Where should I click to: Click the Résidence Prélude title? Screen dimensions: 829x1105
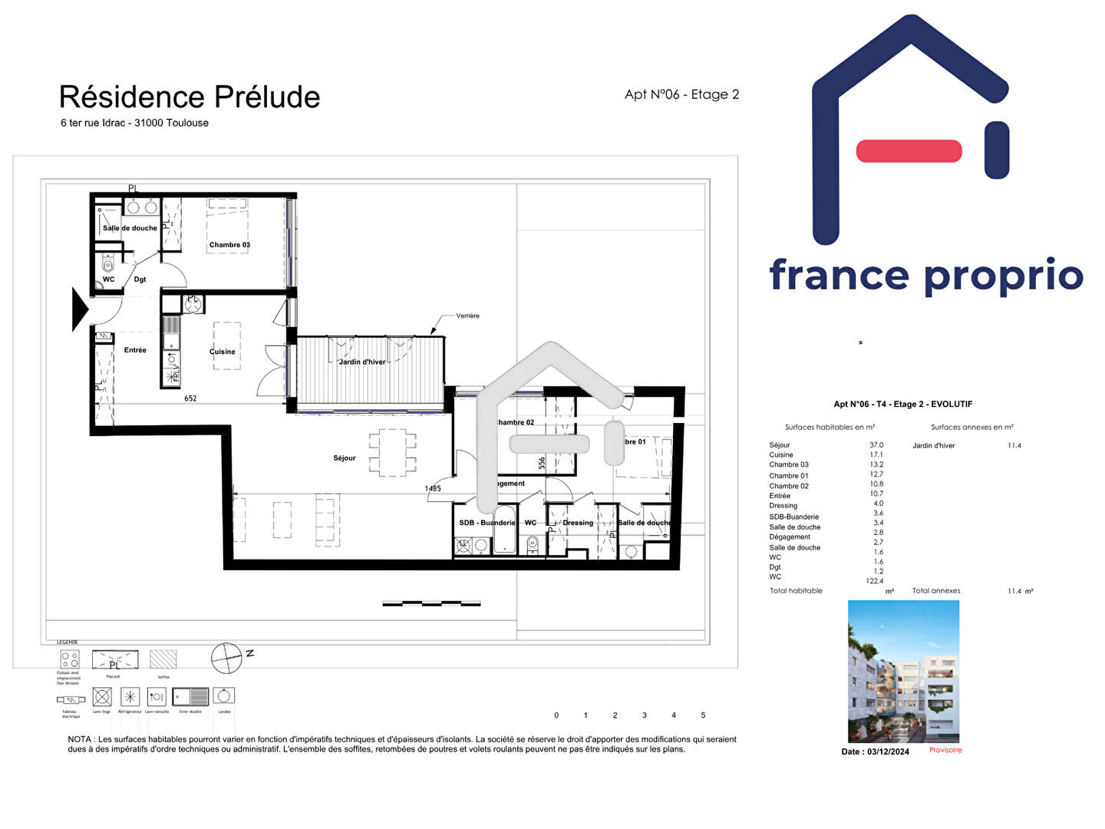(190, 97)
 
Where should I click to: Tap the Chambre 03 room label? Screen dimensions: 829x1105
(229, 245)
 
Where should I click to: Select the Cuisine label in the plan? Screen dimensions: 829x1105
(223, 352)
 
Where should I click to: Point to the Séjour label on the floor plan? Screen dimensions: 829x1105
(345, 458)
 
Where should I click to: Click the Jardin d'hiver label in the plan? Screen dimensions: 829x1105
(362, 362)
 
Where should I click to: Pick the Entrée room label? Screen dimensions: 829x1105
(135, 350)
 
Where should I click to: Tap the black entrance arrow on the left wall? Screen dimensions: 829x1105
(80, 309)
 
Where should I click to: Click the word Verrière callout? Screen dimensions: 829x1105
(467, 315)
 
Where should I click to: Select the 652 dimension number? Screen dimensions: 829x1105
(190, 398)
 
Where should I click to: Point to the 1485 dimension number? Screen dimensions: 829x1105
(433, 488)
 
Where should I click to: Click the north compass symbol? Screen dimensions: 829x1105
(227, 658)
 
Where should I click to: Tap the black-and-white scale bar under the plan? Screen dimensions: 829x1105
(431, 604)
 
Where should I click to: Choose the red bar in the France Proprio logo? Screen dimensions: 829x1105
(909, 151)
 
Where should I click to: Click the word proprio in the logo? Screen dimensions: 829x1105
(1004, 276)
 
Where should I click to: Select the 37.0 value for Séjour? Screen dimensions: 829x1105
(876, 445)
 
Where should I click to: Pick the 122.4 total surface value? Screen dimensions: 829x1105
(875, 581)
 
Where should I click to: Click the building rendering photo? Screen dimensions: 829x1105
(903, 671)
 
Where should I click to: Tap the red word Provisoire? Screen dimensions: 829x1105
(945, 750)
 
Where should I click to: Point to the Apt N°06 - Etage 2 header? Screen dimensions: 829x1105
(681, 94)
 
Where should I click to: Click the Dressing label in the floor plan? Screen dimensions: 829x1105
(578, 523)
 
